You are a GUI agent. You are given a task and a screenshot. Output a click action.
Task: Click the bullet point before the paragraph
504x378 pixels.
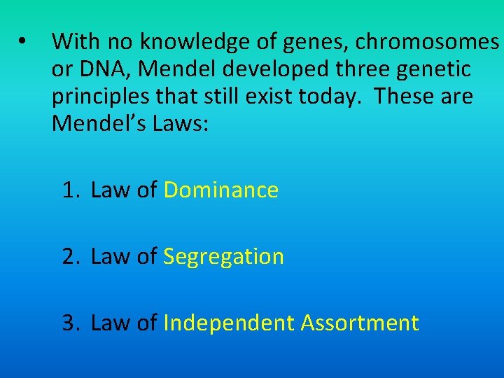(24, 42)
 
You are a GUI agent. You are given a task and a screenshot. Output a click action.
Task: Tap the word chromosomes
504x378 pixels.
(427, 43)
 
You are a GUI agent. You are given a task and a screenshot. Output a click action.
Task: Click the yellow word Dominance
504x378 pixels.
(221, 190)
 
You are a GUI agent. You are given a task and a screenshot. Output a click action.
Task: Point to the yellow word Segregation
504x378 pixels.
(223, 257)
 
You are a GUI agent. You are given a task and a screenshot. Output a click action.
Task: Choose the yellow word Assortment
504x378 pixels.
(360, 323)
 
